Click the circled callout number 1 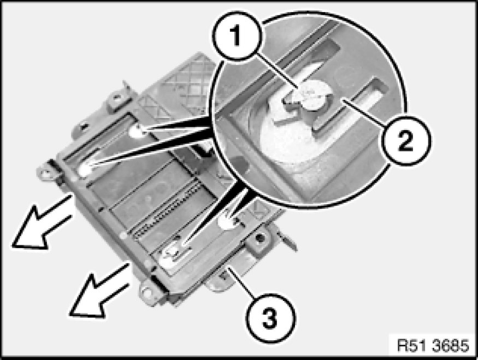click(237, 36)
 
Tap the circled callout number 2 click(406, 140)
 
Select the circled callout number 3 click(270, 318)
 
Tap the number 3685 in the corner click(450, 346)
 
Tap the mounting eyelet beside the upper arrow click(46, 174)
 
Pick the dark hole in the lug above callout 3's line click(259, 238)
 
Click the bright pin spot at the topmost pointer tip click(136, 131)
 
